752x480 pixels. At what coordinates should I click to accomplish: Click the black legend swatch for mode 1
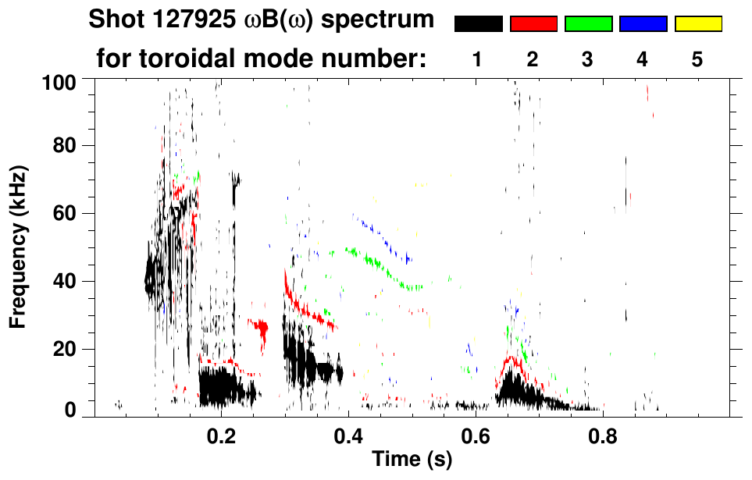click(478, 24)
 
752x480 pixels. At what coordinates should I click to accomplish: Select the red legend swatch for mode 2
click(533, 24)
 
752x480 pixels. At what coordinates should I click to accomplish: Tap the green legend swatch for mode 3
click(588, 24)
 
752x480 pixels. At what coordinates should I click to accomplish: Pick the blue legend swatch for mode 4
click(643, 24)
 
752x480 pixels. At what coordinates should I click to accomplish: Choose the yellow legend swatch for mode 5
click(697, 24)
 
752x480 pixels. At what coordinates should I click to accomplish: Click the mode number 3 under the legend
click(588, 59)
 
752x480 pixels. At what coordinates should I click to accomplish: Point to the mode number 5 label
click(697, 59)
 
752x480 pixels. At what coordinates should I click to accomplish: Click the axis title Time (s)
click(411, 460)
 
